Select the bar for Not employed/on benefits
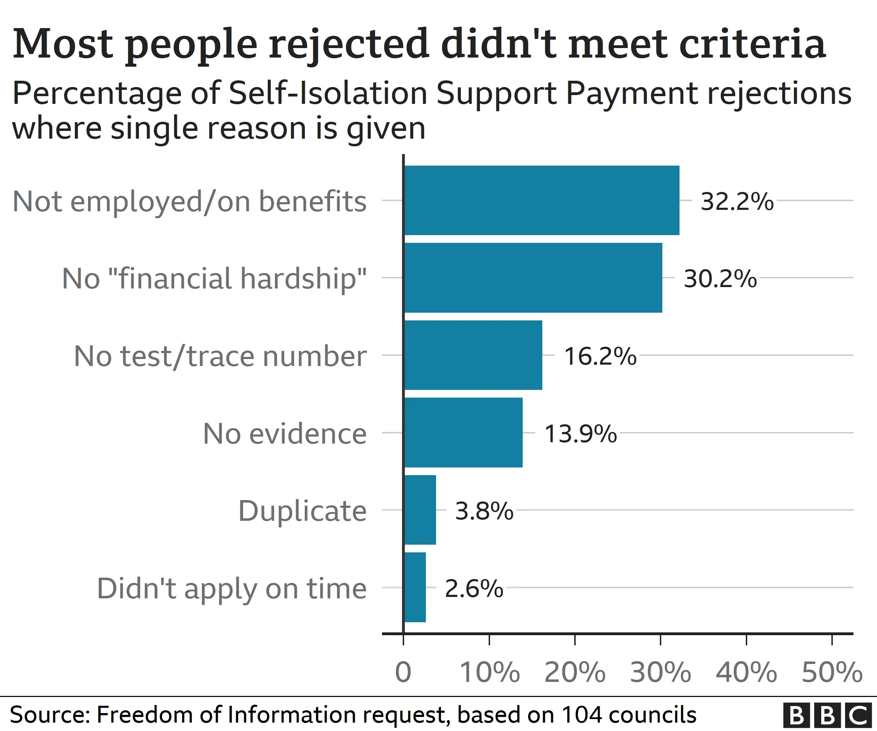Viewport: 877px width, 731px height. [542, 200]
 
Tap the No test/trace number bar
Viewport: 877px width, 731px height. [473, 355]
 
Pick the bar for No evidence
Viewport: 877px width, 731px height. [463, 432]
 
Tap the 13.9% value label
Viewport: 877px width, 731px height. [581, 434]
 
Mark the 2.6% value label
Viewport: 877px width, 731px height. [474, 589]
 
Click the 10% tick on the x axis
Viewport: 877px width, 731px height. [489, 672]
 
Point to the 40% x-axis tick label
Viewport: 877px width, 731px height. [746, 672]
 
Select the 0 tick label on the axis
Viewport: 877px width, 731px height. [403, 672]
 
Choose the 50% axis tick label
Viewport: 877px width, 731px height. [832, 672]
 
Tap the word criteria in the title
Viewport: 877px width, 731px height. [752, 44]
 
